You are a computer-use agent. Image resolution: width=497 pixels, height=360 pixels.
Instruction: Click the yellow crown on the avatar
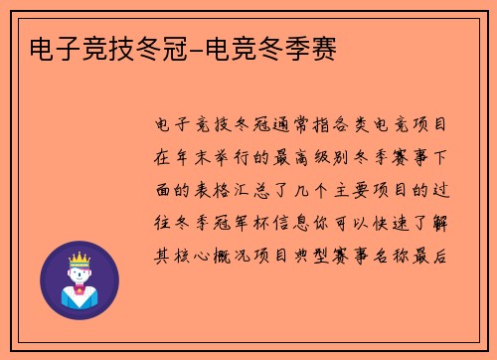coord(79,257)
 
